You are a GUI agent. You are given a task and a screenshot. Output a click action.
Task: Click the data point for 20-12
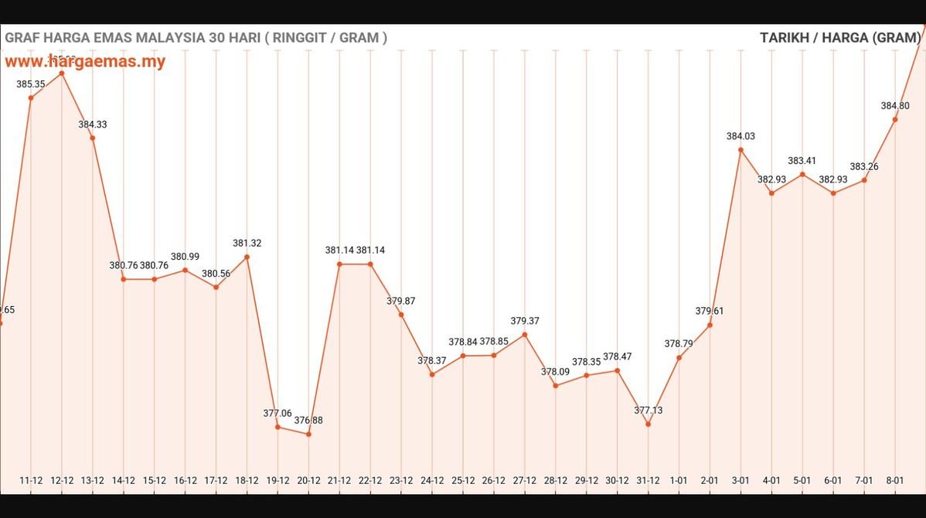point(308,435)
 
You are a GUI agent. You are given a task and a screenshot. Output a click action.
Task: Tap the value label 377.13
point(649,411)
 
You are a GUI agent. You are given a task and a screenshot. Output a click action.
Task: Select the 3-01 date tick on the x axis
point(740,480)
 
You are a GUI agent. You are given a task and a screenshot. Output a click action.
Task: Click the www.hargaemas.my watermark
point(85,62)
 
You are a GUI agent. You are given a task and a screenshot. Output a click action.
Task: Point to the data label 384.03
point(740,136)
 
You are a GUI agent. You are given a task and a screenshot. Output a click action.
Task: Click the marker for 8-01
point(895,119)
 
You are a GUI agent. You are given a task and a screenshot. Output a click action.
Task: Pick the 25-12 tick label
point(463,480)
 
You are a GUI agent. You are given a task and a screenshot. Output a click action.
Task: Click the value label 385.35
point(31,83)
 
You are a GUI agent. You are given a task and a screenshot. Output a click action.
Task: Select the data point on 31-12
point(649,424)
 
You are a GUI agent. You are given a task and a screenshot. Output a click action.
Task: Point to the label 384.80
point(895,106)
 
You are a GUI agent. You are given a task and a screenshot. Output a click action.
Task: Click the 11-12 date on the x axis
point(31,480)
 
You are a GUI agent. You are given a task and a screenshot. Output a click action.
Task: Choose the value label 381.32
point(247,243)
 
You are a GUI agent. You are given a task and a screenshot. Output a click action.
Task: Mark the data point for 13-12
point(93,138)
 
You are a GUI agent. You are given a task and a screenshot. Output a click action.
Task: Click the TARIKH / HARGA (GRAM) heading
point(839,37)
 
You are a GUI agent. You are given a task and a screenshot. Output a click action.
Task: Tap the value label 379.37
point(525,321)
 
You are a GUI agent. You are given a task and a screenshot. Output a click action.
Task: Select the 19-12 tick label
point(277,480)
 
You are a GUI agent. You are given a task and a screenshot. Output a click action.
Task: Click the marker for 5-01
point(802,174)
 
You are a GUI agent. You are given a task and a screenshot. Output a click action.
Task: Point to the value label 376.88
point(308,421)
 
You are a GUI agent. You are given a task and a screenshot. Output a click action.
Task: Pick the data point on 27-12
point(525,335)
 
